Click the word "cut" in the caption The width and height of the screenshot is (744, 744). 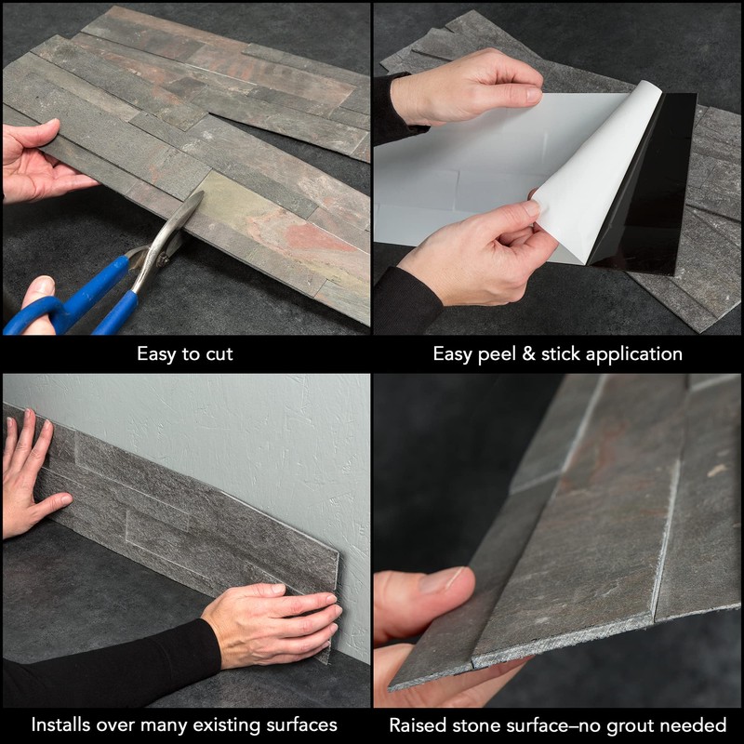(218, 354)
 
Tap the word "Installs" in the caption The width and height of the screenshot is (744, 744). (63, 724)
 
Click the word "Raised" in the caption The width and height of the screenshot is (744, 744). (418, 724)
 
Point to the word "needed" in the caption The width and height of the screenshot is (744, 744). (697, 724)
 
